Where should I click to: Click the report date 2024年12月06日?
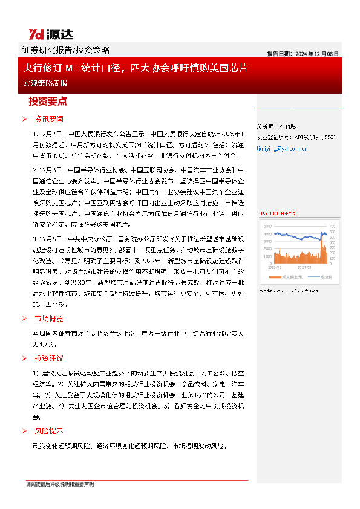pyautogui.click(x=303, y=54)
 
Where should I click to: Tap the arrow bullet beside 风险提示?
pyautogui.click(x=24, y=431)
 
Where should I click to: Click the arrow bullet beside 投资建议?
pyautogui.click(x=24, y=358)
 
